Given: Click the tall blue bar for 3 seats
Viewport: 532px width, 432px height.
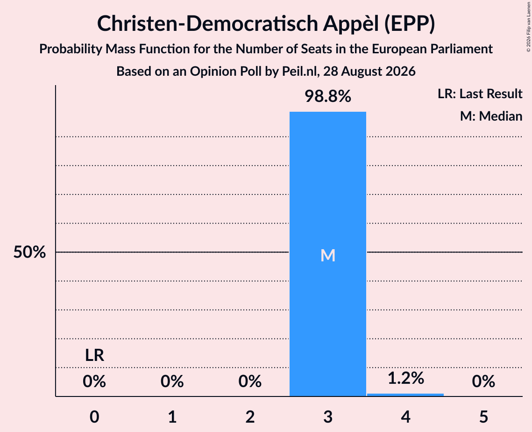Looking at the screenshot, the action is point(328,254).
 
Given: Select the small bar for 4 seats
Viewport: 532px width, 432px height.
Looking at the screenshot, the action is point(405,395).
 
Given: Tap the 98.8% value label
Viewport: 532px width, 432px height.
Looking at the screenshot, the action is point(328,96).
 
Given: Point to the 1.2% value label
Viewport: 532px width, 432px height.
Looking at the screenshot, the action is point(406,378).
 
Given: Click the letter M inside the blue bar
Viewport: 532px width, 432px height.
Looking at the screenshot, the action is point(328,255).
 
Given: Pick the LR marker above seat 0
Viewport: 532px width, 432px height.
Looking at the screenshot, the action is point(94,355).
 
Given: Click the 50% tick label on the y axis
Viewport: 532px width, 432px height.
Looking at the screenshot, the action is point(29,252).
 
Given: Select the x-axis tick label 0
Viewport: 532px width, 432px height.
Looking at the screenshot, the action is point(94,417).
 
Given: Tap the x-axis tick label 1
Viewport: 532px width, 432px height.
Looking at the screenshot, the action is point(172,417).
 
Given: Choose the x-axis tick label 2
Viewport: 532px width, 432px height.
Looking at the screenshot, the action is point(250,417).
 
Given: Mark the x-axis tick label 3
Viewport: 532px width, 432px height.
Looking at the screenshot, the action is point(328,417).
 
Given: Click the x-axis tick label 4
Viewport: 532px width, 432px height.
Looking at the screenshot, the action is point(406,417).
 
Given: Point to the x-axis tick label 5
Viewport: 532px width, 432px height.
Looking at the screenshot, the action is point(483,417).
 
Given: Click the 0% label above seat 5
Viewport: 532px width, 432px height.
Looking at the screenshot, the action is point(483,382).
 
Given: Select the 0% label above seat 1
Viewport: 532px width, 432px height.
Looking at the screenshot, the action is point(172,382).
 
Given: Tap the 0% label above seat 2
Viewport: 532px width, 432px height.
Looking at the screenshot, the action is point(250,382).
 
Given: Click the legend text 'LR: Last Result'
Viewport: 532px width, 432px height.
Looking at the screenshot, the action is point(480,94).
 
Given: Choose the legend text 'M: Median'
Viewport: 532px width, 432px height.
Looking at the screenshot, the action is point(491,116).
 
